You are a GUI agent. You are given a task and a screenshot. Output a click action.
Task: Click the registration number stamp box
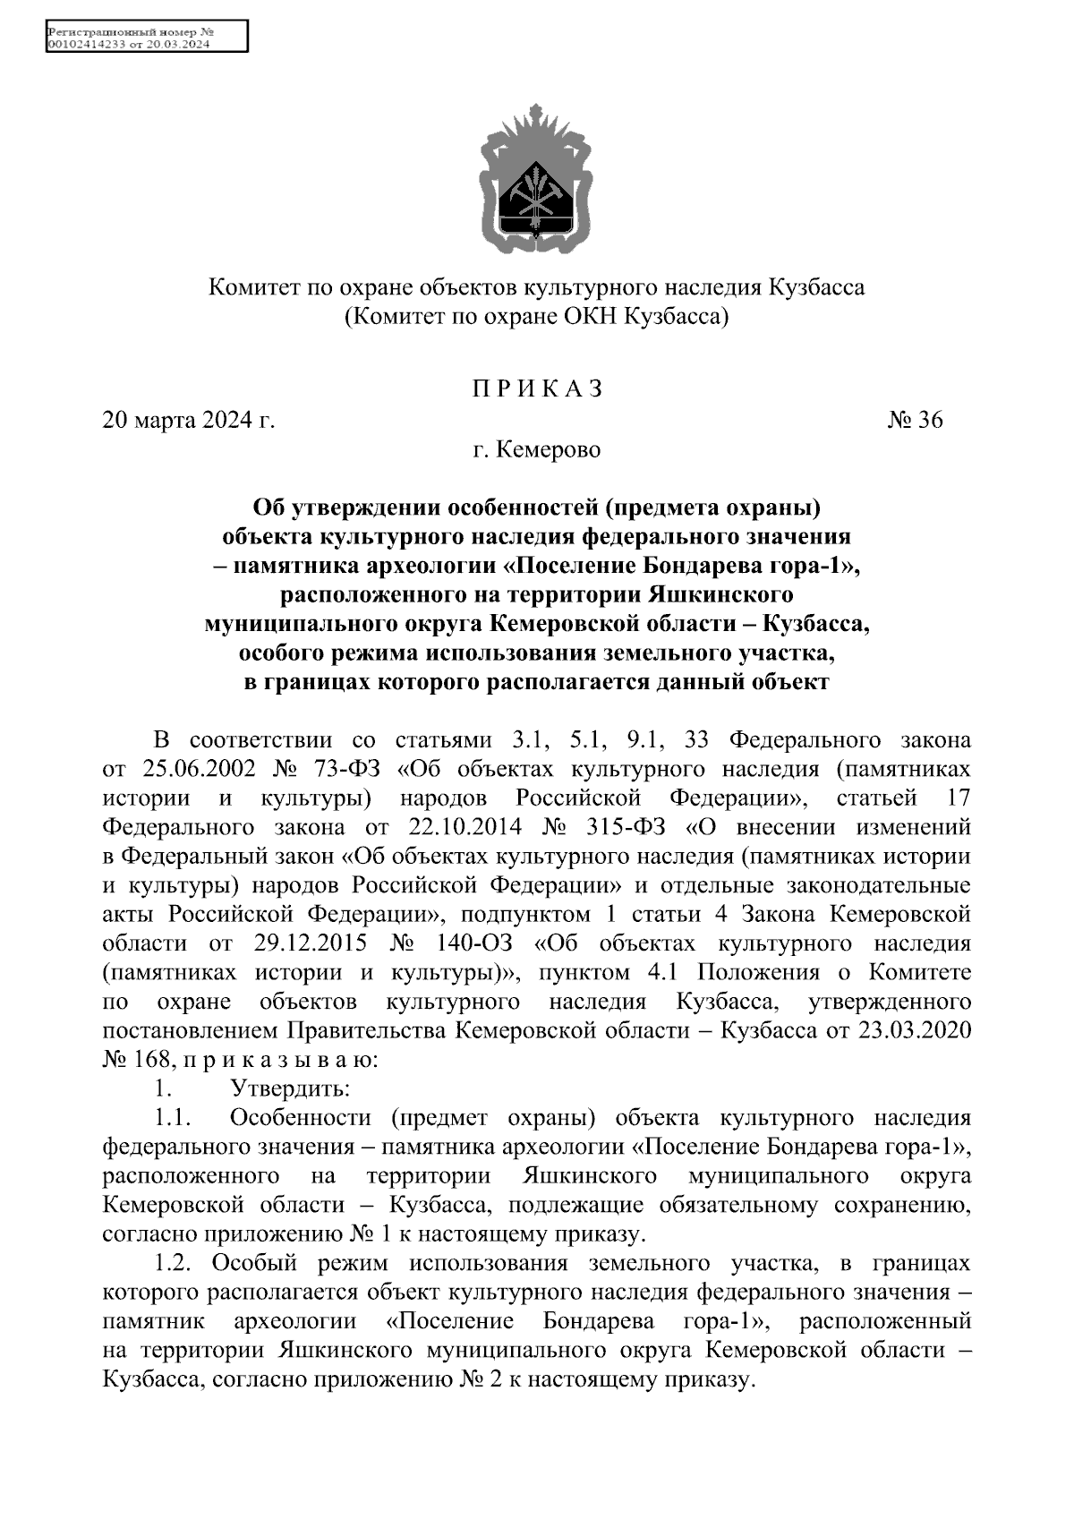point(146,38)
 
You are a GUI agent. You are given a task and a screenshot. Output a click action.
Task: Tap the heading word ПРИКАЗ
point(537,389)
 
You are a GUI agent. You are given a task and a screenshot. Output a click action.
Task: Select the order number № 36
point(915,420)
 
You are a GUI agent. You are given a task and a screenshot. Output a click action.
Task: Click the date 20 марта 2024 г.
point(189,420)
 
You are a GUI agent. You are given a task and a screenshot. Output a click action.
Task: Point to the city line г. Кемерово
point(537,449)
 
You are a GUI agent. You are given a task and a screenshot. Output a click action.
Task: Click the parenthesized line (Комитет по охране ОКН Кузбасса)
point(537,316)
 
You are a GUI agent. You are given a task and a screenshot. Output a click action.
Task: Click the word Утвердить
point(289,1089)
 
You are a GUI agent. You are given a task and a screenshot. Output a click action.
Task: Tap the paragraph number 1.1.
point(174,1118)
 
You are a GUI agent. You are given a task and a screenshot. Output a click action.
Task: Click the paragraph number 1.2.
point(175,1264)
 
